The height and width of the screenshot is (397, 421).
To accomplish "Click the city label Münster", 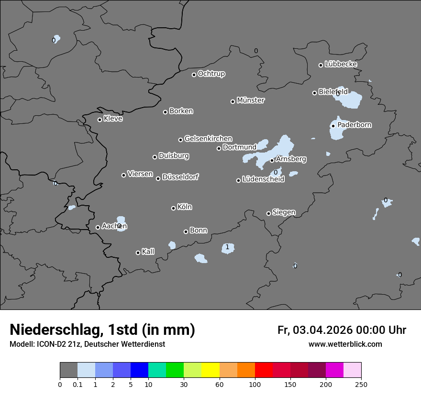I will [x=251, y=100].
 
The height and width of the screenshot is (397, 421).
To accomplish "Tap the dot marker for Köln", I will [x=173, y=208].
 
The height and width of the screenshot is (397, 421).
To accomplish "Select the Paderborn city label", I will [x=355, y=125].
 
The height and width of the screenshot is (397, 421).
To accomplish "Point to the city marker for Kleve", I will [x=100, y=120].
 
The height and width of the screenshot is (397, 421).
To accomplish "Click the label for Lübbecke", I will [x=341, y=64].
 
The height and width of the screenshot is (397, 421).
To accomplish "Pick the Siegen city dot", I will [x=268, y=213].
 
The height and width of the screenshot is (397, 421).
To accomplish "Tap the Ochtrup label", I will [x=211, y=74].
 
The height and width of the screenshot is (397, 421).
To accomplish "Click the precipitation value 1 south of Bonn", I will [x=227, y=247].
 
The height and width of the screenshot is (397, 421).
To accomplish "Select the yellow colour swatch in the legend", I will [x=210, y=370].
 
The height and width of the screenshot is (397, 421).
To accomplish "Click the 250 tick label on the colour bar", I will [x=361, y=384].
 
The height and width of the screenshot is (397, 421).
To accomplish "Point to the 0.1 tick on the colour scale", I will [x=78, y=384].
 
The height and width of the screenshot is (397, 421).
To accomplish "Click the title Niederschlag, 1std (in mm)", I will [x=102, y=330].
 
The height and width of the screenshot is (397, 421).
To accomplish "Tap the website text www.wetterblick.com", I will [x=345, y=344].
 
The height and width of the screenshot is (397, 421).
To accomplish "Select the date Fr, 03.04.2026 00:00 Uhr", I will [x=342, y=330].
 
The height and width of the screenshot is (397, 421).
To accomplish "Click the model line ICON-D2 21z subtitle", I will [x=87, y=344].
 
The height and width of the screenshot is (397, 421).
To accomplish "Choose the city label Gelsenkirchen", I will [x=208, y=139].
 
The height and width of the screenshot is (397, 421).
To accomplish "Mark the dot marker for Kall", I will [x=138, y=253].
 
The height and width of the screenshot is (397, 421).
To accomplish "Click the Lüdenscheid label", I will [x=264, y=179].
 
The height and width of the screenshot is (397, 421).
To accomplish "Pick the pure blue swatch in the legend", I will [x=140, y=370].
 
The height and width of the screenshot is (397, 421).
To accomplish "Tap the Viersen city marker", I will [x=123, y=175].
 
